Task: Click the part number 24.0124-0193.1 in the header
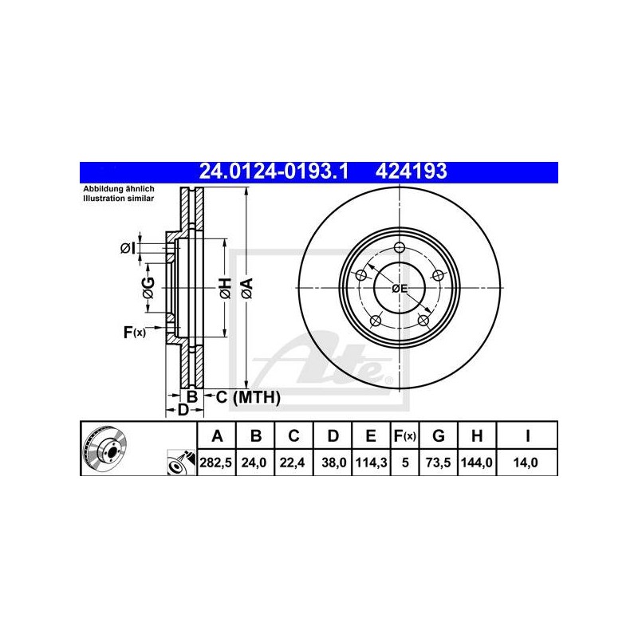coord(274,171)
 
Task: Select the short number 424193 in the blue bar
coord(411,171)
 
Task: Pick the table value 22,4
coord(292,463)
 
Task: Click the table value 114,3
coord(371,463)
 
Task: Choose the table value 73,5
coord(438,463)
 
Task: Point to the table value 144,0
coord(476,463)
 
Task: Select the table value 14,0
coord(526,463)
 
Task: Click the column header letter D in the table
coord(333,436)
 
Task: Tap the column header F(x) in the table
coord(405,436)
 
